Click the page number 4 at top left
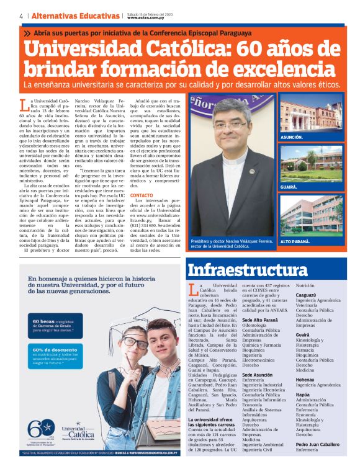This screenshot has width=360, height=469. (21, 16)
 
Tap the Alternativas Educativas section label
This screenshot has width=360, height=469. (75, 16)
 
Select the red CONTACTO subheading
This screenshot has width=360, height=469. (142, 196)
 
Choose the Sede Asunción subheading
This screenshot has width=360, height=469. (258, 375)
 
